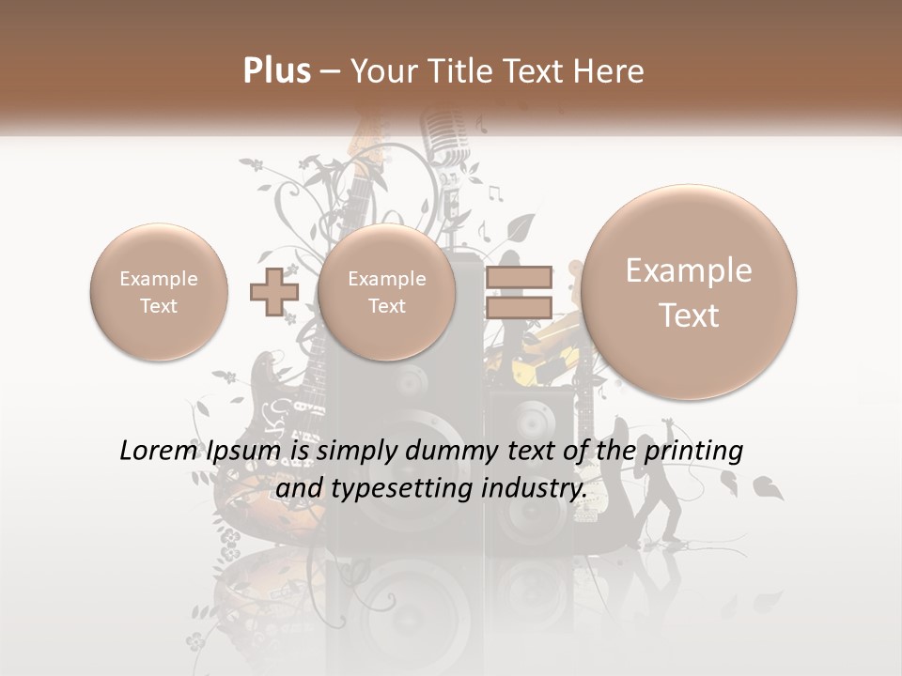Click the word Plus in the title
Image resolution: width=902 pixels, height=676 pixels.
(x=276, y=71)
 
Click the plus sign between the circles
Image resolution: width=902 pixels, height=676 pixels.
(x=273, y=291)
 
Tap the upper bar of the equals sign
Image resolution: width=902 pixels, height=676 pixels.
(x=519, y=276)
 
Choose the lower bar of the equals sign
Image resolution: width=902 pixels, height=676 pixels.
(x=519, y=307)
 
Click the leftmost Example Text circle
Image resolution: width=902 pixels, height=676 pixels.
(x=159, y=291)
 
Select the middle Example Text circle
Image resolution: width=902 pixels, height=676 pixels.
(x=386, y=291)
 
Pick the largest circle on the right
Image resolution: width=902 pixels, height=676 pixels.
(x=689, y=292)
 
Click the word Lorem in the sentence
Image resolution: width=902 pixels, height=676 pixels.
(x=154, y=451)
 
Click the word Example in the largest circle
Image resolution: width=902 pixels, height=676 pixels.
(x=689, y=270)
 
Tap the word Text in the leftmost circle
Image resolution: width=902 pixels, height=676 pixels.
(x=159, y=306)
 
